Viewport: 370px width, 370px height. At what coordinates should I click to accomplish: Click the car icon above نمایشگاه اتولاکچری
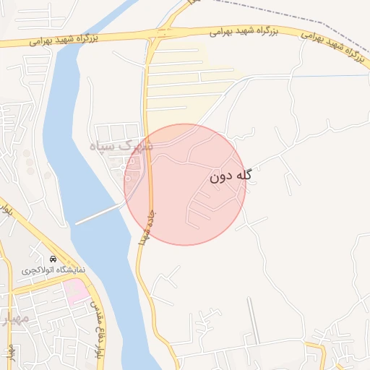pyautogui.click(x=54, y=259)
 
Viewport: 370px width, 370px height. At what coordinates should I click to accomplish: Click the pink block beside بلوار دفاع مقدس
pyautogui.click(x=76, y=291)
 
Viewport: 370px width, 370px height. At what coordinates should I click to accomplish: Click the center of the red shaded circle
pyautogui.click(x=185, y=184)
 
